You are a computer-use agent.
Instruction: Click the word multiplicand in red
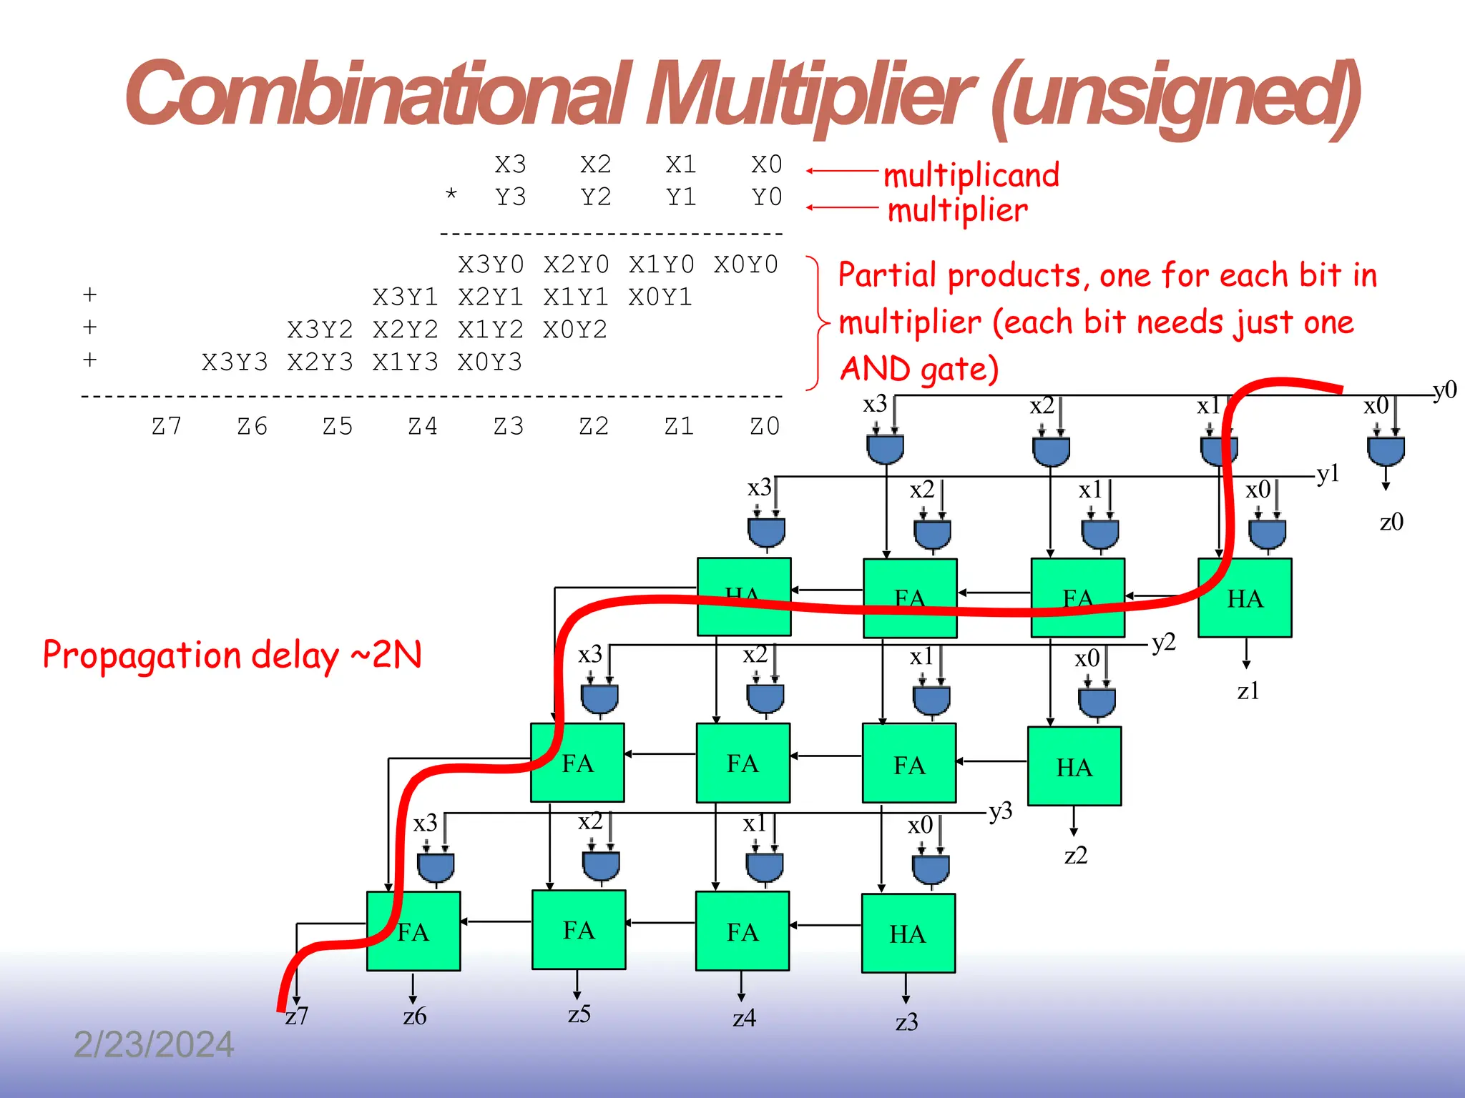pyautogui.click(x=971, y=176)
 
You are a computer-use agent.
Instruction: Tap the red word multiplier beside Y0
pyautogui.click(x=957, y=211)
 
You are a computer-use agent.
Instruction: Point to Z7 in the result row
pyautogui.click(x=167, y=427)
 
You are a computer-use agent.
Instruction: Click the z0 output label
pyautogui.click(x=1391, y=523)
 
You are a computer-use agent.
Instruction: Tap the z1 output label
pyautogui.click(x=1248, y=691)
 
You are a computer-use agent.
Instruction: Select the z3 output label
pyautogui.click(x=906, y=1023)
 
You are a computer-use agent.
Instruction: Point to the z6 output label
pyautogui.click(x=415, y=1017)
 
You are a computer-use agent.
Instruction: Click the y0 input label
pyautogui.click(x=1444, y=390)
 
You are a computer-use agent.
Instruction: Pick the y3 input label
pyautogui.click(x=1000, y=811)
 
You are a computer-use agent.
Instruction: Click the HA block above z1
pyautogui.click(x=1245, y=598)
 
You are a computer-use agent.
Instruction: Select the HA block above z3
pyautogui.click(x=908, y=933)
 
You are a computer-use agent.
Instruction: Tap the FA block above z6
pyautogui.click(x=413, y=931)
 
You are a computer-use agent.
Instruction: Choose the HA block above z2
pyautogui.click(x=1074, y=766)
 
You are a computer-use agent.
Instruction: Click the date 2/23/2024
pyautogui.click(x=154, y=1045)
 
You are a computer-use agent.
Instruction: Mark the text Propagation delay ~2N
pyautogui.click(x=232, y=655)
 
